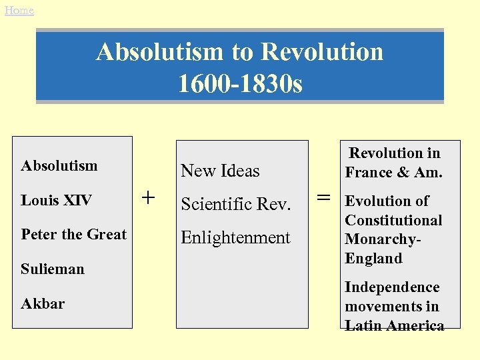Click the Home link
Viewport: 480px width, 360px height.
coord(19,11)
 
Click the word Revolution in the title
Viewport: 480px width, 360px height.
coord(322,51)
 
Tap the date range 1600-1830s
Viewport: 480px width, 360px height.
coord(240,84)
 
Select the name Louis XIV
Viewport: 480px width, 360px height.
coord(56,200)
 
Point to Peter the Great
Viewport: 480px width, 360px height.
coord(73,235)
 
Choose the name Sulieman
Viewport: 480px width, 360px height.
coord(53,269)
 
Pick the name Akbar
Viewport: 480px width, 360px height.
coord(43,304)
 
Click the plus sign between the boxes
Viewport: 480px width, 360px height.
coord(149,197)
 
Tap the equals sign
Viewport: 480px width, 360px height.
coord(323,197)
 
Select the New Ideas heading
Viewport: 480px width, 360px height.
coord(220,171)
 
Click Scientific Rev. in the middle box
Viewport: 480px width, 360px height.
coord(236,205)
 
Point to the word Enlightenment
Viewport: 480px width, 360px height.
coord(235,238)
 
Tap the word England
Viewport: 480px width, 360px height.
coord(373,259)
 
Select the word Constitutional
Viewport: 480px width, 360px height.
coord(393,221)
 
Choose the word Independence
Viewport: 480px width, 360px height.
coord(392,287)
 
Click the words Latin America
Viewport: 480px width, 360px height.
coord(395,326)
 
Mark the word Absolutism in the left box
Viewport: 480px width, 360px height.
coord(59,165)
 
